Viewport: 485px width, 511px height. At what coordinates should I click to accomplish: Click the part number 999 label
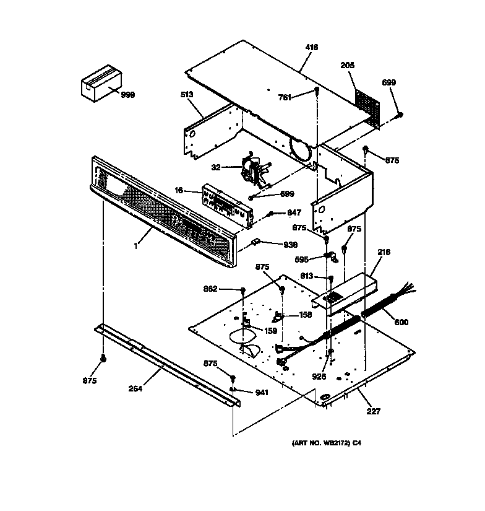pyautogui.click(x=128, y=95)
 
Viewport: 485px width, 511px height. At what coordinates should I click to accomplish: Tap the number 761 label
pyautogui.click(x=285, y=97)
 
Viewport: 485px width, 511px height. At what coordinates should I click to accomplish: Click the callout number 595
pyautogui.click(x=303, y=260)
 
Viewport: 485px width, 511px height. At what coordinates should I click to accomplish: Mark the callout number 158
pyautogui.click(x=305, y=315)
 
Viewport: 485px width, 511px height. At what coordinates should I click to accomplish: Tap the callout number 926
pyautogui.click(x=319, y=376)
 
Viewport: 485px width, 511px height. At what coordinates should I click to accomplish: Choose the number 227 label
pyautogui.click(x=373, y=411)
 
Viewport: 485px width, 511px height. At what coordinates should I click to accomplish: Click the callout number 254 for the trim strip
pyautogui.click(x=135, y=388)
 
